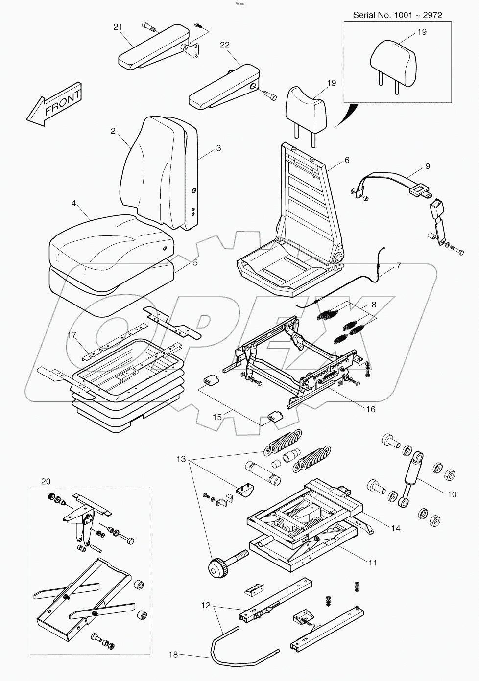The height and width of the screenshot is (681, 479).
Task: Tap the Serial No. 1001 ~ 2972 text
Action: pos(397,15)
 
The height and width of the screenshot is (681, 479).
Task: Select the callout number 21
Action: pos(118,27)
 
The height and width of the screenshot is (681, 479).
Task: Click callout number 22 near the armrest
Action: pos(224,45)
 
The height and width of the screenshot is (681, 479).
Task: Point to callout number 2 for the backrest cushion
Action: pos(113,131)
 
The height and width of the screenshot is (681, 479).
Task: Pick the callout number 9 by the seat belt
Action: pos(427,166)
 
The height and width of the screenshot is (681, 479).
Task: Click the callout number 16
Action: pos(371,409)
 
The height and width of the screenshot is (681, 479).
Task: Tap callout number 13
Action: pos(182,459)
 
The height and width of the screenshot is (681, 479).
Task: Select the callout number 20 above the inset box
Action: pos(46,481)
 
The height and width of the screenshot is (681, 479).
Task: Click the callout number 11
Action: pos(373,563)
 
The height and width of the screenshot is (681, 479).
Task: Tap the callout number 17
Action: pos(72,335)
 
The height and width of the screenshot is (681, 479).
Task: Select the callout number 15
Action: pos(217,417)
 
